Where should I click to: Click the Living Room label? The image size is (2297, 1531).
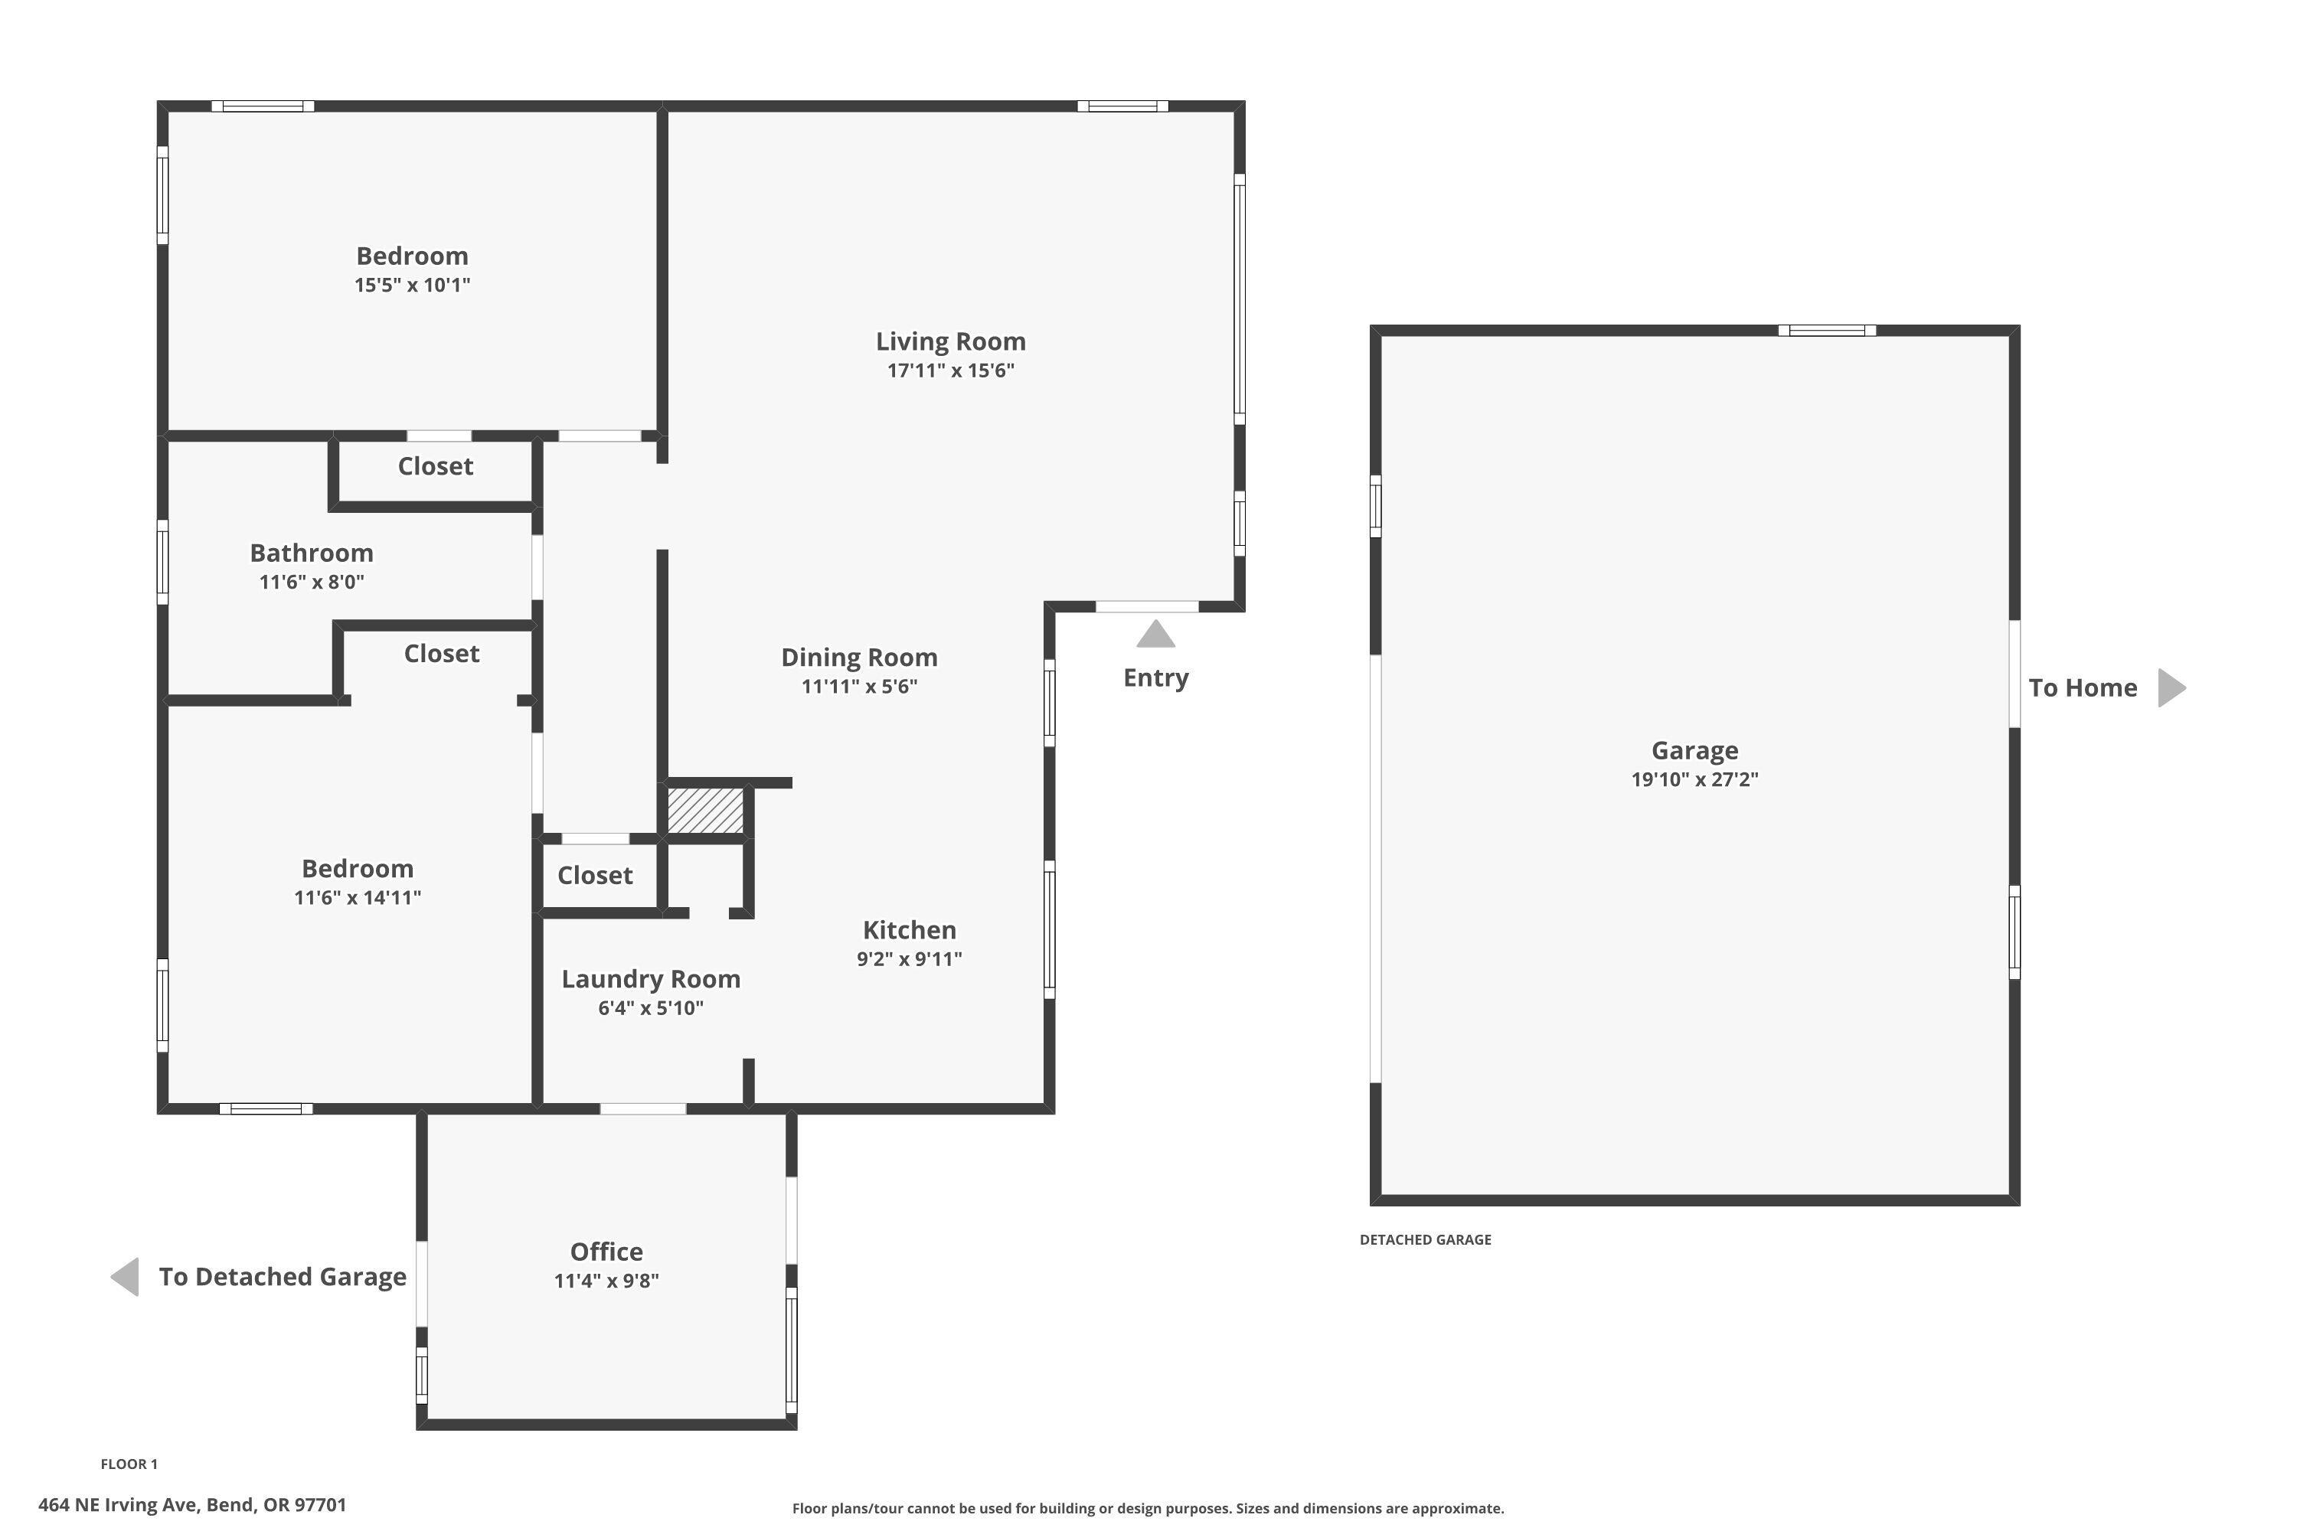click(x=949, y=341)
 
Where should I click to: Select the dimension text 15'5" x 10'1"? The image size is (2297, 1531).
click(x=411, y=285)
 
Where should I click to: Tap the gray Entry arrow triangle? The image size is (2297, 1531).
click(x=1155, y=635)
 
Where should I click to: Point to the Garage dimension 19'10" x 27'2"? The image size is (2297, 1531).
click(x=1694, y=779)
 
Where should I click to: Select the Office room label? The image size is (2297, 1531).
click(x=606, y=1252)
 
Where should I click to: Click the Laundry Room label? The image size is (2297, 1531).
click(x=650, y=979)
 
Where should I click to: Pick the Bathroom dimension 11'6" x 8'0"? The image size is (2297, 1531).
click(x=312, y=582)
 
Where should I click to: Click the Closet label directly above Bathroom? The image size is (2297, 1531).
click(x=435, y=467)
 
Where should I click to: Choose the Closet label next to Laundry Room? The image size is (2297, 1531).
click(x=594, y=876)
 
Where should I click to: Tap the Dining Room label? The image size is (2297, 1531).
click(x=858, y=657)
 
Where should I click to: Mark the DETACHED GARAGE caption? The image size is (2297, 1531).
click(x=1424, y=1240)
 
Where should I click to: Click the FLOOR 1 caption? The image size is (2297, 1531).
click(x=129, y=1464)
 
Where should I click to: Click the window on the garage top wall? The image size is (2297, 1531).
click(x=1825, y=331)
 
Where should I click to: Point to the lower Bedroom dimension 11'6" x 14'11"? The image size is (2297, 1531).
click(x=358, y=897)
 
